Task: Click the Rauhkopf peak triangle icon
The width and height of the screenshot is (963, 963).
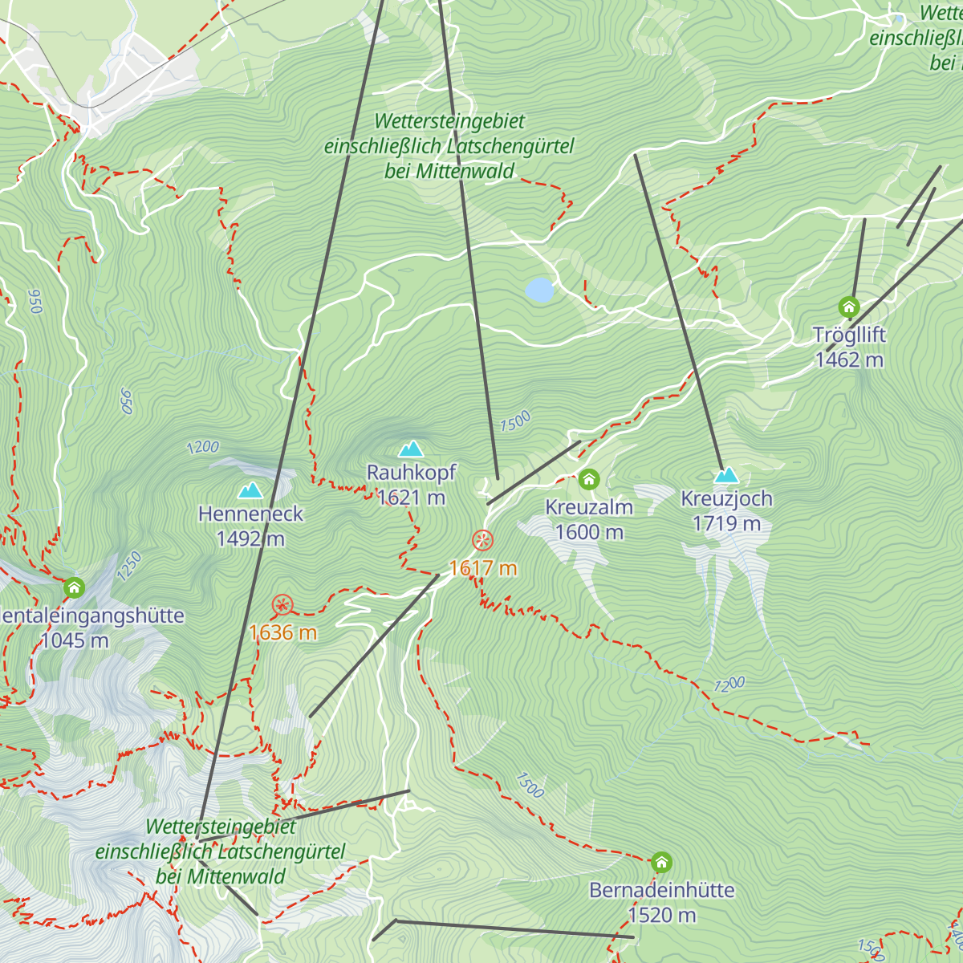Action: pyautogui.click(x=411, y=449)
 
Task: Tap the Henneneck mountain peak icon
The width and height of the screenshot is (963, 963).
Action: pyautogui.click(x=250, y=490)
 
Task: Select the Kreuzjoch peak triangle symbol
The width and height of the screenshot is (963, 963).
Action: pyautogui.click(x=726, y=475)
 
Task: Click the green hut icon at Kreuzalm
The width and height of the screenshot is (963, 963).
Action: pyautogui.click(x=589, y=480)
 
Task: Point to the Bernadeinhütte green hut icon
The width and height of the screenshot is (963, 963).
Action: pyautogui.click(x=661, y=863)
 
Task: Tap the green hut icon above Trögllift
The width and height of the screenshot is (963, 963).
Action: pyautogui.click(x=849, y=307)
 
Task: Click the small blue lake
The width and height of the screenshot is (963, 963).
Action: pyautogui.click(x=540, y=290)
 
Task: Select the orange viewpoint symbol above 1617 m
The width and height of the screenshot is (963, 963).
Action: pyautogui.click(x=482, y=540)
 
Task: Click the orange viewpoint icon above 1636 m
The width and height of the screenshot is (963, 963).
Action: pyautogui.click(x=282, y=605)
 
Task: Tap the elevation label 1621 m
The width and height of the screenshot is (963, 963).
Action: pyautogui.click(x=411, y=498)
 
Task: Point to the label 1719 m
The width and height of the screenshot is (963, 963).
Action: pyautogui.click(x=726, y=524)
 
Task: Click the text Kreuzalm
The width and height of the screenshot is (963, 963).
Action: pyautogui.click(x=589, y=507)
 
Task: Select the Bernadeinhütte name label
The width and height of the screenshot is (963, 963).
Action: pyautogui.click(x=661, y=890)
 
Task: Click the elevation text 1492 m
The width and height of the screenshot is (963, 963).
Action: pyautogui.click(x=250, y=538)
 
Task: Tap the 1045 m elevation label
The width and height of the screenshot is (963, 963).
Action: pyautogui.click(x=75, y=640)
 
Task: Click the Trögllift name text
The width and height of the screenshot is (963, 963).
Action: pyautogui.click(x=849, y=335)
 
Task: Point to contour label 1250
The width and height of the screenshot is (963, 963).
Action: pyautogui.click(x=128, y=566)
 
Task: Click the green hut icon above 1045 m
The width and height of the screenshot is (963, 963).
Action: pyautogui.click(x=75, y=587)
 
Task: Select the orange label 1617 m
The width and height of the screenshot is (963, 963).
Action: pyautogui.click(x=482, y=569)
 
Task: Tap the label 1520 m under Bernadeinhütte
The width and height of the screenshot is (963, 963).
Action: pyautogui.click(x=661, y=915)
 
